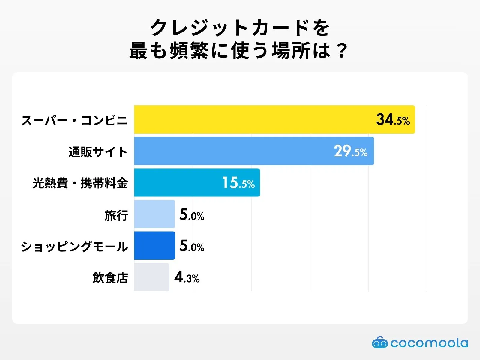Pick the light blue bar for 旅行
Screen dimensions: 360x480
tap(154, 214)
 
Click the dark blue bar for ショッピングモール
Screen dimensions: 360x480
tap(154, 245)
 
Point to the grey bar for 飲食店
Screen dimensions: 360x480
tap(151, 277)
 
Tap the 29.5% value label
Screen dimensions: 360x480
tap(351, 151)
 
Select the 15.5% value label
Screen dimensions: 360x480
tap(238, 183)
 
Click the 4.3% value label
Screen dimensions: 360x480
tap(187, 277)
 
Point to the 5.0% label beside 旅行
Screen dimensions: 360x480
tap(192, 215)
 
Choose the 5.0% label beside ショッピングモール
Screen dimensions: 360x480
tap(192, 246)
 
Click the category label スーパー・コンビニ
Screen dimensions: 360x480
tap(74, 120)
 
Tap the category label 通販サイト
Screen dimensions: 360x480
tap(98, 152)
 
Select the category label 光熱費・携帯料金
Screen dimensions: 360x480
tap(80, 183)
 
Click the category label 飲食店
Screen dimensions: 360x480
tap(110, 277)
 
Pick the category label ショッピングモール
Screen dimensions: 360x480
tap(74, 246)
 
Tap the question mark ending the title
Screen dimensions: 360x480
tap(342, 50)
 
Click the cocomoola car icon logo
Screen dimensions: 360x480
tap(380, 342)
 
